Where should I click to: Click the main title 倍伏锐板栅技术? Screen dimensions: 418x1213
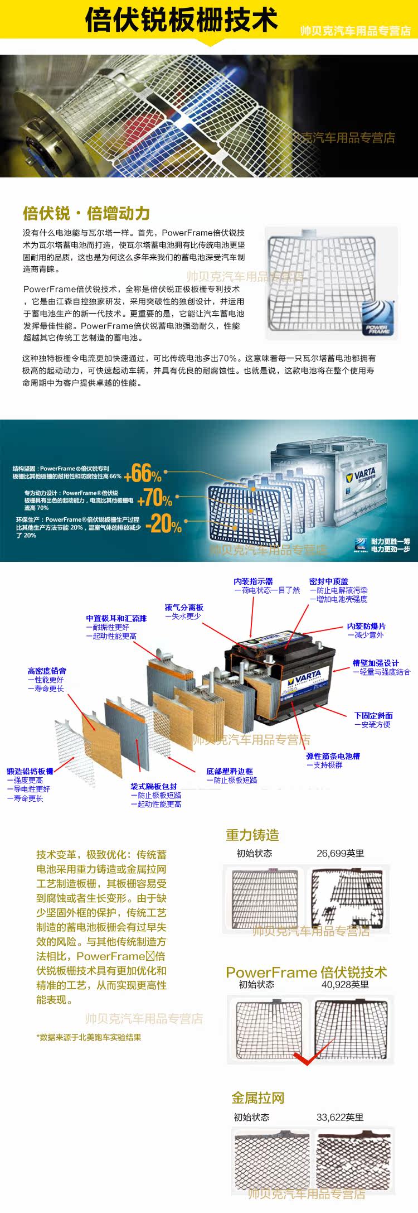181,20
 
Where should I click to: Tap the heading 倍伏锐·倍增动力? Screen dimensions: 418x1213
86,213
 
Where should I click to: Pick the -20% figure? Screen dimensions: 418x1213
163,523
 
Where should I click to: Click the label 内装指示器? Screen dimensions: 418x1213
253,581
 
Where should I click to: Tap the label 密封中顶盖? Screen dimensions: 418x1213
329,581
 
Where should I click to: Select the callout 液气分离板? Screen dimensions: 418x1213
184,607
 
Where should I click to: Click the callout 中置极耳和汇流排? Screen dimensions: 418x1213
116,618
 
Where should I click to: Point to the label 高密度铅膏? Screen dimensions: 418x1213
47,671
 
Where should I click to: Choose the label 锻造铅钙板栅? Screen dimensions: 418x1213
30,771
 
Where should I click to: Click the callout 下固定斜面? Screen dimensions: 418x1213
373,715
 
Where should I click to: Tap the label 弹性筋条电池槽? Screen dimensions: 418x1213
333,756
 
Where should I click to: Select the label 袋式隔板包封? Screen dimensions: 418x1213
154,786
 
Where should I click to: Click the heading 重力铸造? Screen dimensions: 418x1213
252,835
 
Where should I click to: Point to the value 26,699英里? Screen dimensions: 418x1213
340,853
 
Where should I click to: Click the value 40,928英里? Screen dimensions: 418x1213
345,985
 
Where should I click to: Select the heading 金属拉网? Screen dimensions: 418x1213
257,1098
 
